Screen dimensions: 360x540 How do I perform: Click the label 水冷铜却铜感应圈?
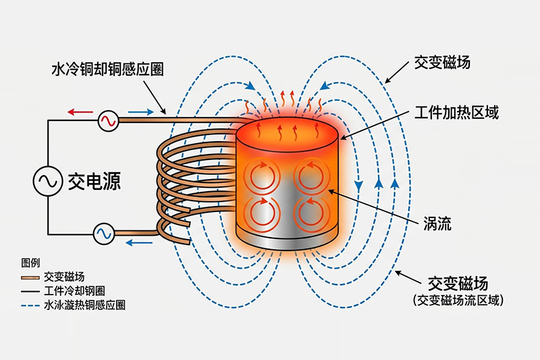click(107, 69)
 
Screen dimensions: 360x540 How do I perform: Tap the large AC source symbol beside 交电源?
click(48, 180)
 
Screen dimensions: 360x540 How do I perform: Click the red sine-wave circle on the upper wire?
click(108, 121)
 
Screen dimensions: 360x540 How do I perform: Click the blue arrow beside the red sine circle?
click(140, 112)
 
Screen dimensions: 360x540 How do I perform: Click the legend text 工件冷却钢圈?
click(74, 291)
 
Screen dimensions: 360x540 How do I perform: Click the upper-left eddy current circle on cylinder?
click(259, 177)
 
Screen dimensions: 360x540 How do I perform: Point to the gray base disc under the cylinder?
click(287, 245)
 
